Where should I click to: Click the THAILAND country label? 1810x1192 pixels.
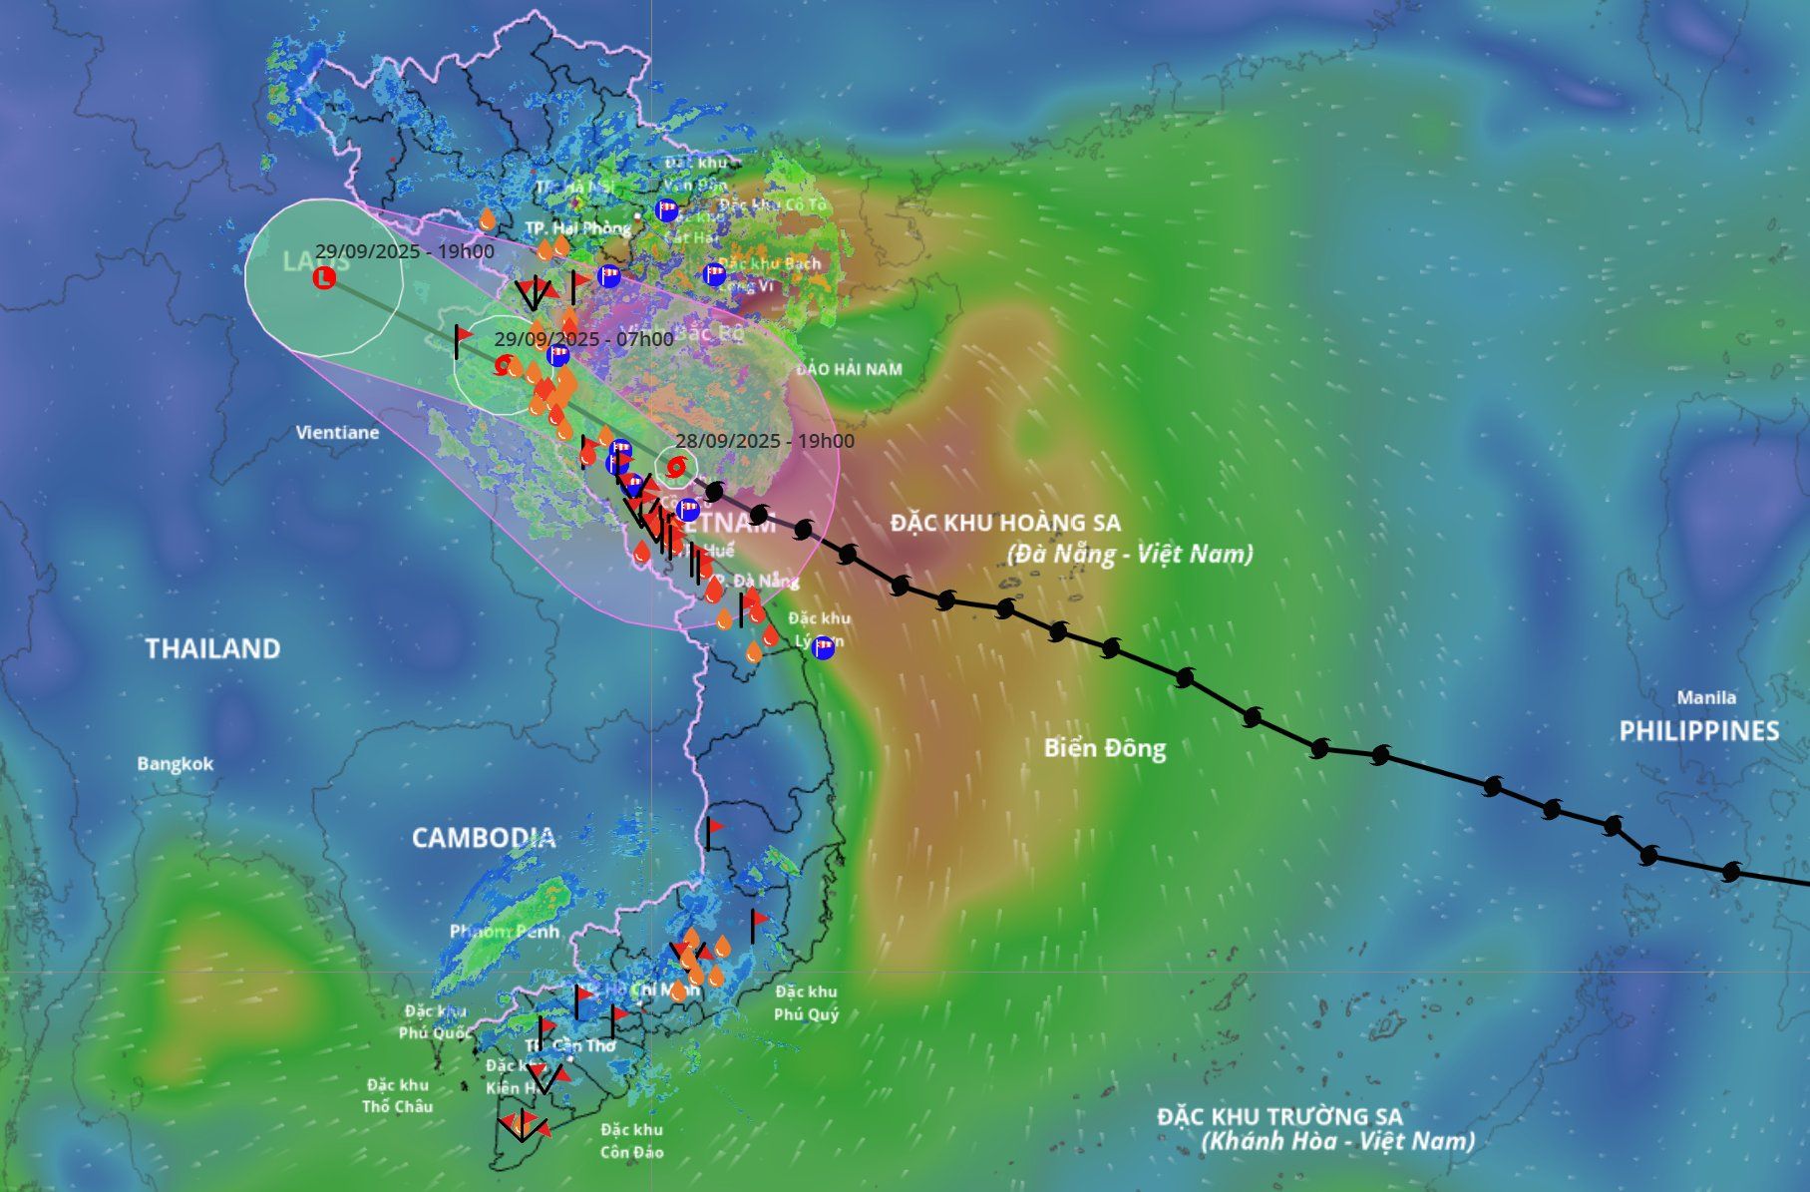pos(212,648)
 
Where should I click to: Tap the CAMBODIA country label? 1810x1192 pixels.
pos(484,837)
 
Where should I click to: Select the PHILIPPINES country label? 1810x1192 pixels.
pos(1698,731)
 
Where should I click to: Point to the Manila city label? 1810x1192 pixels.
pos(1705,697)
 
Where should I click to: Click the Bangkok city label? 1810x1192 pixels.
pos(176,764)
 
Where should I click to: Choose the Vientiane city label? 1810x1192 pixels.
pos(337,433)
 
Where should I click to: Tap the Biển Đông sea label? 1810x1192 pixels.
pos(1105,748)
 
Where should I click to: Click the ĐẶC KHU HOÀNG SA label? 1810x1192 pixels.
pos(1005,523)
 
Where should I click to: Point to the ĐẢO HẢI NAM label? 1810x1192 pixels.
pos(849,369)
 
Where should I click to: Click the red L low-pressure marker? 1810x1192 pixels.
pos(324,278)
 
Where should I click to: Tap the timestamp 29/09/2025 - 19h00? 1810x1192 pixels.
pos(404,251)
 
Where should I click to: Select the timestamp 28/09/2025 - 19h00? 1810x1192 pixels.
pos(764,441)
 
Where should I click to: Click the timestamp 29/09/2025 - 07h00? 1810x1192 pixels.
pos(583,339)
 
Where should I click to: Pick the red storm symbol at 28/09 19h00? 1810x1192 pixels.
pos(676,466)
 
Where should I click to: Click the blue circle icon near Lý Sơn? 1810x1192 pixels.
pos(823,647)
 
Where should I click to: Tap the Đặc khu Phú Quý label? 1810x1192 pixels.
pos(806,1002)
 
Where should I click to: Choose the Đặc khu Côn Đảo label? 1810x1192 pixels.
pos(632,1141)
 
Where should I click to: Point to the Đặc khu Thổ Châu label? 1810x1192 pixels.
pos(397,1095)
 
